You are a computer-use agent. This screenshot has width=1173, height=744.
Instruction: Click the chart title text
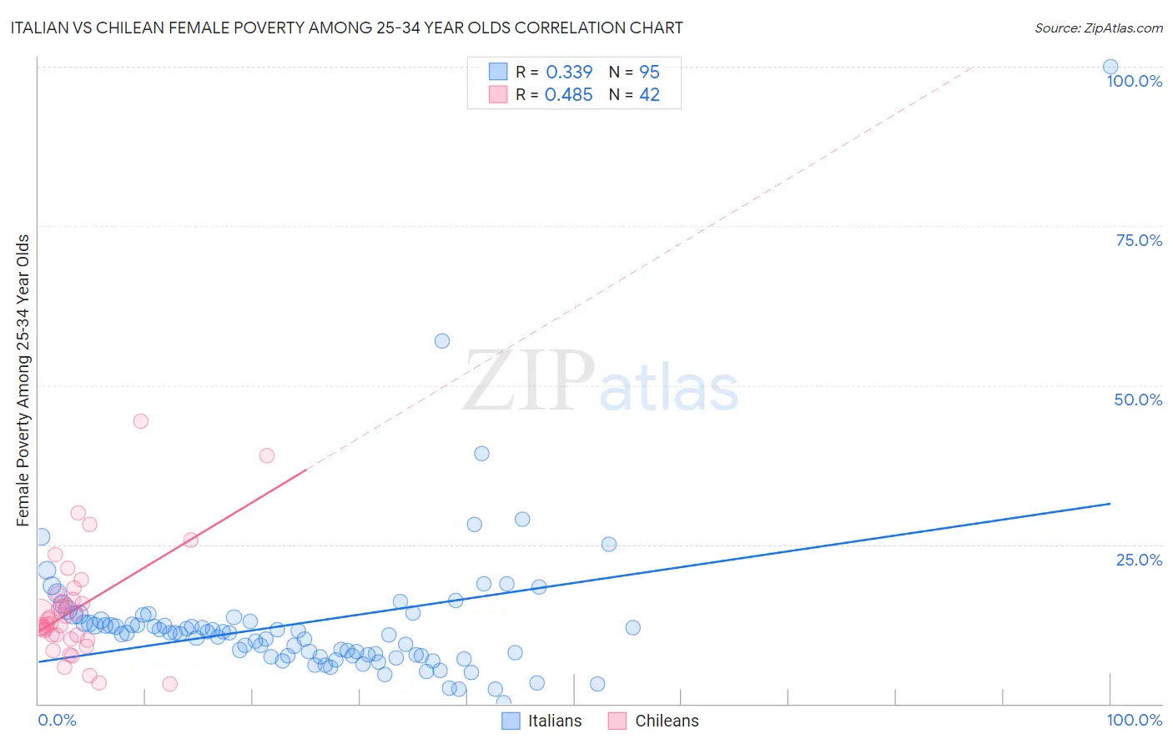[x=346, y=28]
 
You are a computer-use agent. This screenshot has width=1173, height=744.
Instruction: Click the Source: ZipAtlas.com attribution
[x=1098, y=28]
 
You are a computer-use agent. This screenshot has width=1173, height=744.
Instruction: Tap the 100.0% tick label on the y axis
[x=1134, y=81]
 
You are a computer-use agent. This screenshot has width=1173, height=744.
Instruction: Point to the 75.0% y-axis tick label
[x=1139, y=240]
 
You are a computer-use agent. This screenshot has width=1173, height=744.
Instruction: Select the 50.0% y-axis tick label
[x=1138, y=400]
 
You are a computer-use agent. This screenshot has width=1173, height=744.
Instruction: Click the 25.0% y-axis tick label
[x=1139, y=560]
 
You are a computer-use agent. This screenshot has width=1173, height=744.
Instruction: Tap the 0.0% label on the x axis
[x=57, y=720]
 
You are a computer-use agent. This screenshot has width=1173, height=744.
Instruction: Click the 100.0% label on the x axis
[x=1134, y=720]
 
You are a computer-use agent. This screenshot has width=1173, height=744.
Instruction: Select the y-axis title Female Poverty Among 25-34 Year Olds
[x=23, y=380]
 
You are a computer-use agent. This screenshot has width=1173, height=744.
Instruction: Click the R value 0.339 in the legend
[x=569, y=72]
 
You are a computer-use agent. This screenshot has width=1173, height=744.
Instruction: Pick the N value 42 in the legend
[x=649, y=95]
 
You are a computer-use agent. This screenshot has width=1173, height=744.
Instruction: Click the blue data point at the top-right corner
[x=1110, y=67]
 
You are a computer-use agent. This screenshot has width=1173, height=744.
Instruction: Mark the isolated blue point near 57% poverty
[x=442, y=340]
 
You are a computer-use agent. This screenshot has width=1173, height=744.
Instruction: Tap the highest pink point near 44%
[x=140, y=421]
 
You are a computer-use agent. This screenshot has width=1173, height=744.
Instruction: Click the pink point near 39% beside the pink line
[x=267, y=455]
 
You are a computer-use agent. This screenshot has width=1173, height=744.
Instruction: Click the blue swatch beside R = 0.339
[x=498, y=72]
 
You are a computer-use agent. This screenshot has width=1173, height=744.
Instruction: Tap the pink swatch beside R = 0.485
[x=498, y=95]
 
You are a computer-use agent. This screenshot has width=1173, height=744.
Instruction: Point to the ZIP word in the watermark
[x=528, y=382]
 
